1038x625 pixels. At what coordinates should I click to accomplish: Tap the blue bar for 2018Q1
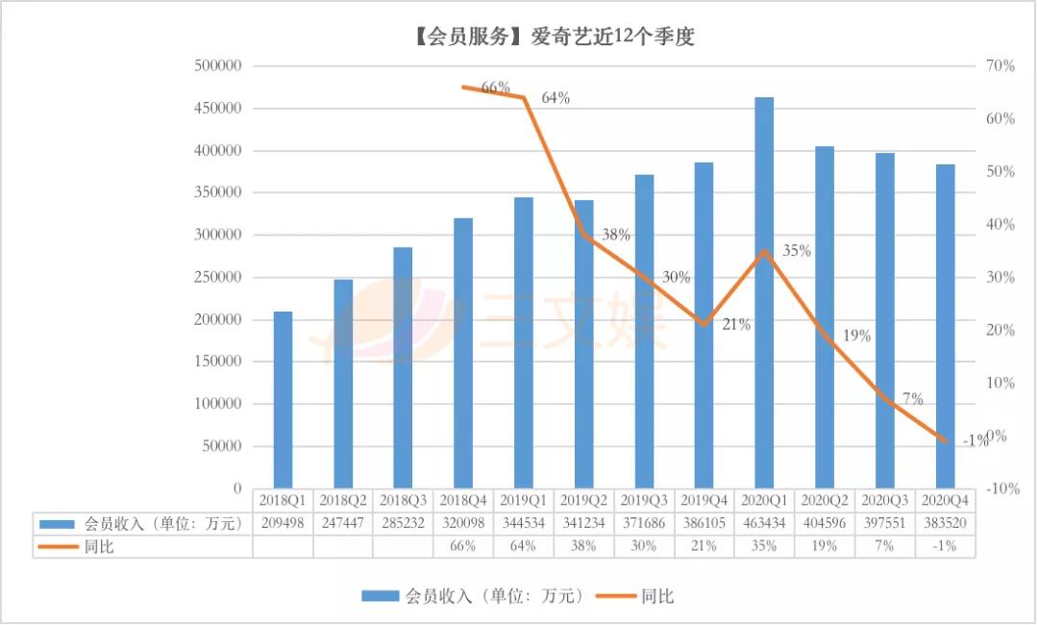point(283,400)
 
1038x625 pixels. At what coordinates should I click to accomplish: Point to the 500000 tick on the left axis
point(217,66)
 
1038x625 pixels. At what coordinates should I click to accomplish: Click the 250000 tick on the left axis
point(217,278)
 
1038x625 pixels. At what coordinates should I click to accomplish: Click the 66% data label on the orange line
point(495,87)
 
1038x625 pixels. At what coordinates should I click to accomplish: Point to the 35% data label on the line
point(797,251)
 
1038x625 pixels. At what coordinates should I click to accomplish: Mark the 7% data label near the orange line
point(912,399)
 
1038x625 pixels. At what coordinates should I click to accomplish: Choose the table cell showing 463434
point(764,524)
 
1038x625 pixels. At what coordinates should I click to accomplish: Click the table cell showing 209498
point(283,524)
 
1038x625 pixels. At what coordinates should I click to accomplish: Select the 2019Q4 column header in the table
point(704,500)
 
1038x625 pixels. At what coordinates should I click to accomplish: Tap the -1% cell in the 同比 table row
point(946,546)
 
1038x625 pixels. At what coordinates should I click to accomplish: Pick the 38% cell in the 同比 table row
point(583,546)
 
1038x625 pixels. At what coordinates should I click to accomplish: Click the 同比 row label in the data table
point(99,546)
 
